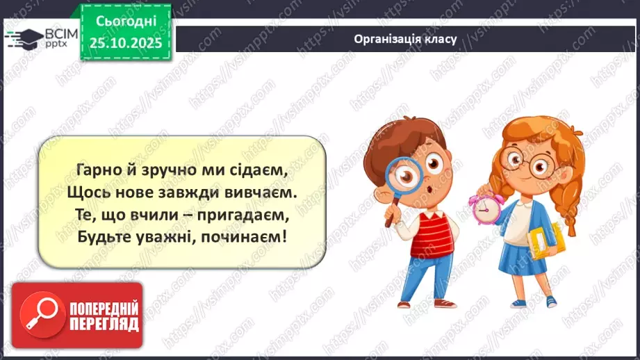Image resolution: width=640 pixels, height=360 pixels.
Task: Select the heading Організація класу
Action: click(x=404, y=39)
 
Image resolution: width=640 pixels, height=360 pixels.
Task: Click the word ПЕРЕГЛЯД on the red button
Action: click(x=103, y=324)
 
